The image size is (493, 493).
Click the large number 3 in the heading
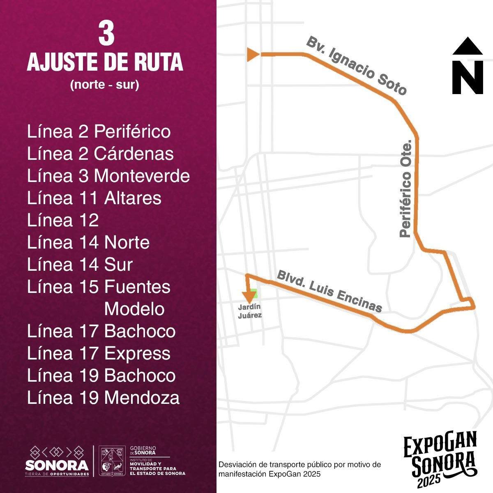click(106, 34)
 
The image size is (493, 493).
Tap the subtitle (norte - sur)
click(105, 85)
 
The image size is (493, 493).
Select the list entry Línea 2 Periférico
click(99, 132)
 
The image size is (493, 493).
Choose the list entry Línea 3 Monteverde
click(108, 176)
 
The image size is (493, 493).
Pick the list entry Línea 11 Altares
click(94, 198)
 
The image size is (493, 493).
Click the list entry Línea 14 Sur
click(80, 265)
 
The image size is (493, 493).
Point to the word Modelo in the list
click(134, 309)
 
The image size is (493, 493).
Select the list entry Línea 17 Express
click(99, 353)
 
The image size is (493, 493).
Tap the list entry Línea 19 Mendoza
click(103, 398)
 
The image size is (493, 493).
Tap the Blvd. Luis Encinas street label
click(330, 291)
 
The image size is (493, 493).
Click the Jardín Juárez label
click(250, 311)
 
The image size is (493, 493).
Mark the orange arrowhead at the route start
click(253, 54)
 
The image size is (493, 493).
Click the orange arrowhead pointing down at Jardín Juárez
click(248, 296)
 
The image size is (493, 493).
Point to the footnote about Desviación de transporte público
click(300, 469)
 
